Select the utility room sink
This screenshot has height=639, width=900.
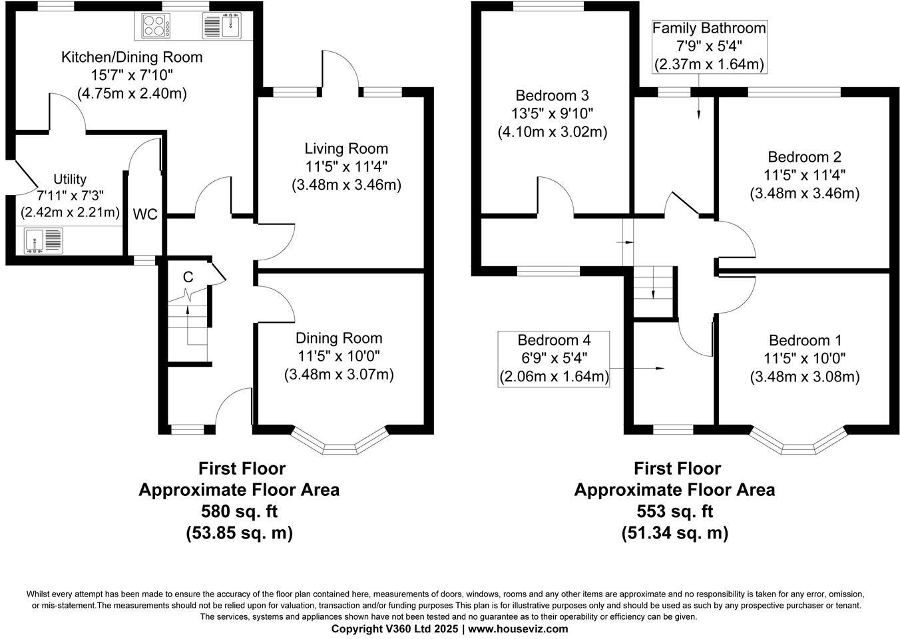pos(44,240)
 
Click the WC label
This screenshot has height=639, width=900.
pos(145,214)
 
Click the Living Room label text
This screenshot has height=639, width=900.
pos(346,148)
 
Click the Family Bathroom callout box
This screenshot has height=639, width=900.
pos(709,46)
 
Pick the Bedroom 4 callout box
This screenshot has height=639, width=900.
pos(554,359)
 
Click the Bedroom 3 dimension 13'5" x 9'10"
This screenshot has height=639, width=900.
pos(553,114)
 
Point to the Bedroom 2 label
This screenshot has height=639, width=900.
pos(804,157)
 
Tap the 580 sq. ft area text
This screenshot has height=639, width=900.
pos(239,511)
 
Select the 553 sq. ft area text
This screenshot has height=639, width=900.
pos(674,511)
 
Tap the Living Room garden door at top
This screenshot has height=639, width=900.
pos(341,70)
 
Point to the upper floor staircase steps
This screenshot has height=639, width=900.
pos(653,291)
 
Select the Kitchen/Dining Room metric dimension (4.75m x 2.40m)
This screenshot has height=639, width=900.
pos(132,93)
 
